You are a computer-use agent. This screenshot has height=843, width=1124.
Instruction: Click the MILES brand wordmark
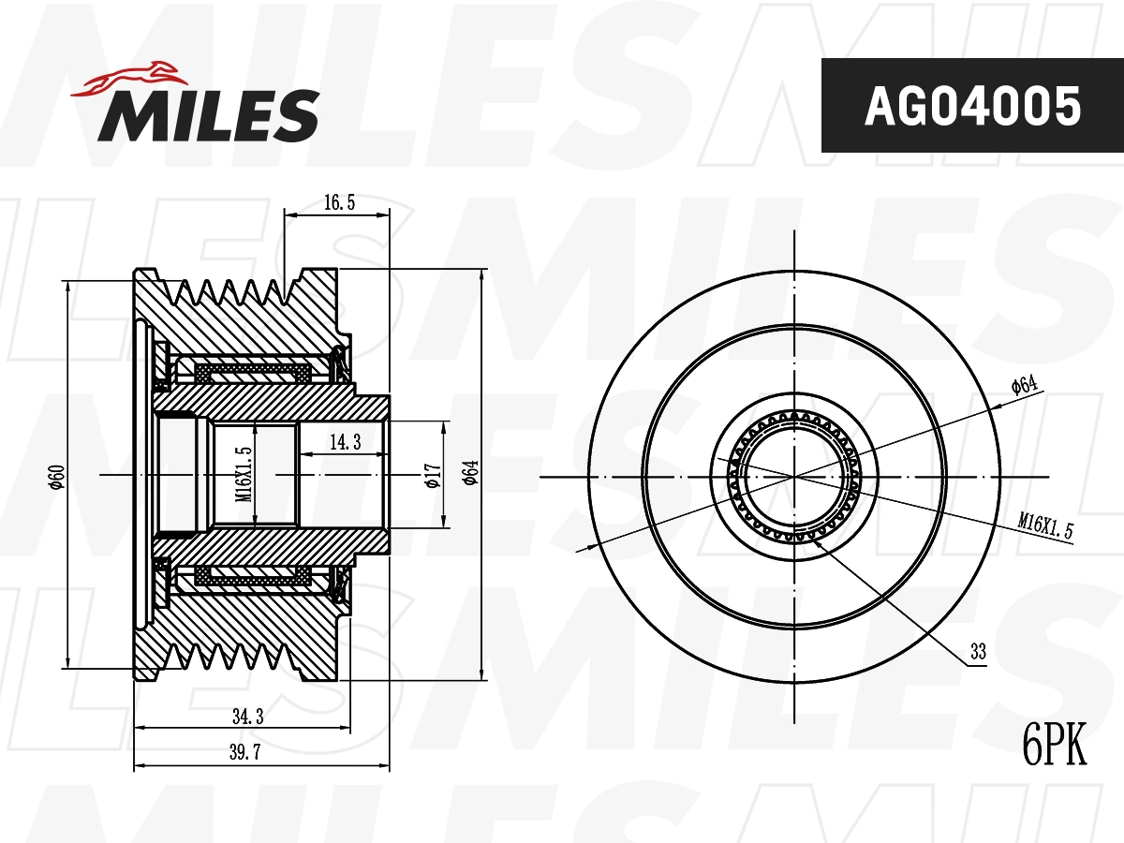[208, 115]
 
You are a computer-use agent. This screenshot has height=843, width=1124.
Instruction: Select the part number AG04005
[971, 106]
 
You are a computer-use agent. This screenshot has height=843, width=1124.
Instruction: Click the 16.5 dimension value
[337, 202]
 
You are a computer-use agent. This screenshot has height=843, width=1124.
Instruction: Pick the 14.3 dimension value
[344, 442]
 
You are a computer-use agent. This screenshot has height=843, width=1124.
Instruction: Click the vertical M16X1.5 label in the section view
[244, 473]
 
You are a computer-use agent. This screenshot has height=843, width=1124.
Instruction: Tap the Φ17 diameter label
[432, 476]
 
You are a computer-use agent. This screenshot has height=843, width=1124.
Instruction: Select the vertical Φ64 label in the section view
[470, 473]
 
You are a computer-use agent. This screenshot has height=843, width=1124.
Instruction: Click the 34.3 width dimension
[247, 717]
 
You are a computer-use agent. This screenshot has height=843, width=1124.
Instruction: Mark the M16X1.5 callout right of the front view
[1045, 526]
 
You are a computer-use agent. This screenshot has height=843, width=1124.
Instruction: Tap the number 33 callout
[977, 653]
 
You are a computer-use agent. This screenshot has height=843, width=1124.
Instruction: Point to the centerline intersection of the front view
[794, 476]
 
